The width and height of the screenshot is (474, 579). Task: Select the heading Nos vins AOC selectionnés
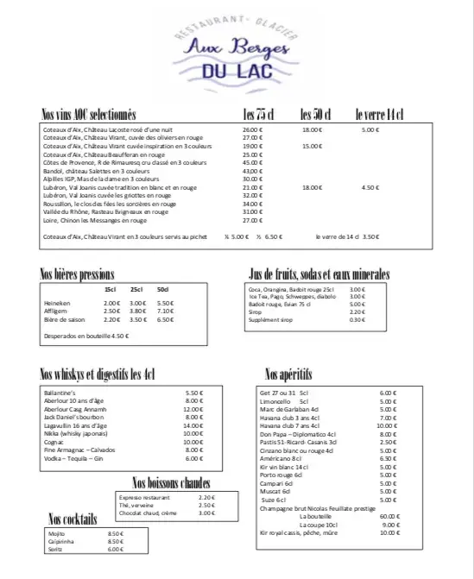tap(89, 115)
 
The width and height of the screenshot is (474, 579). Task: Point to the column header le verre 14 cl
tap(379, 115)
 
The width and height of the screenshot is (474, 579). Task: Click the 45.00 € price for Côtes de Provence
tap(252, 162)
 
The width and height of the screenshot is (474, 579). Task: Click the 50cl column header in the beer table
tap(163, 289)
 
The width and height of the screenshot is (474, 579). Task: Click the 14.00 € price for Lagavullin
tap(193, 425)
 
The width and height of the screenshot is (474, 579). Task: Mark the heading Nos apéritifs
tap(288, 374)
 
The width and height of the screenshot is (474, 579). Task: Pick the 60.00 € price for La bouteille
tap(389, 516)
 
